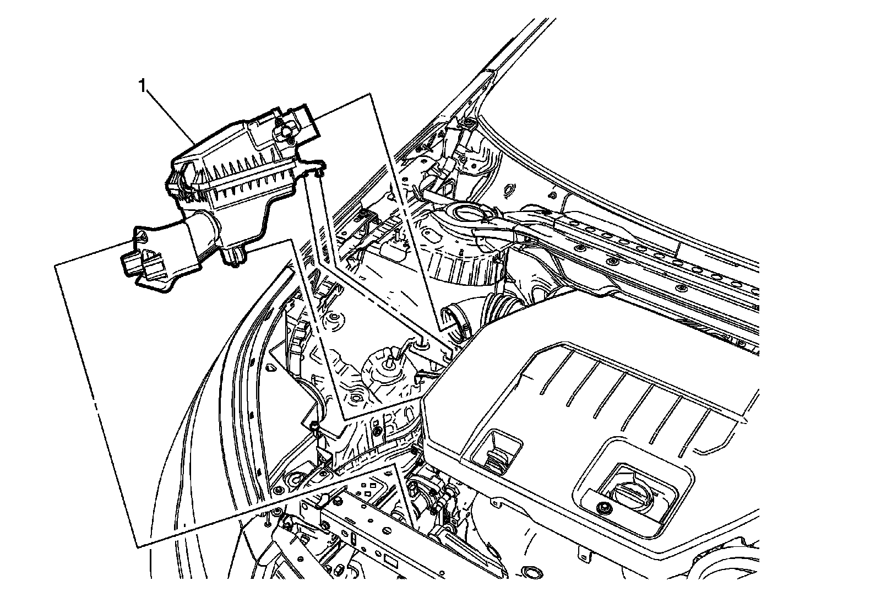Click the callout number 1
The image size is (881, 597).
point(143,86)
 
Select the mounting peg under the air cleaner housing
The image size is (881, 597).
point(235,255)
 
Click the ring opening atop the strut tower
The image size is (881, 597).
point(467,211)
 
